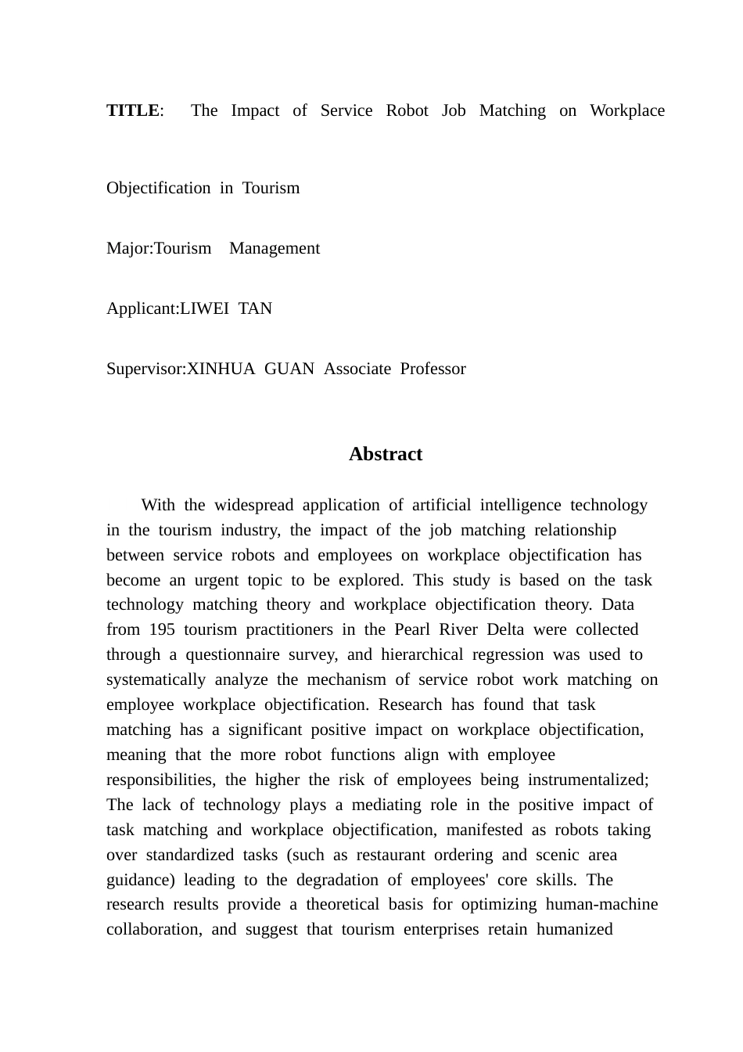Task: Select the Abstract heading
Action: click(x=386, y=454)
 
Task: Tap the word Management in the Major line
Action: click(x=275, y=248)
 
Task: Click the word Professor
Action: click(x=433, y=369)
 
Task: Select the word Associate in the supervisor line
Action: click(x=357, y=369)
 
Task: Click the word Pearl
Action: click(x=412, y=629)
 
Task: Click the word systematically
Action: click(x=156, y=679)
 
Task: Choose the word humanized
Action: click(x=574, y=929)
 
